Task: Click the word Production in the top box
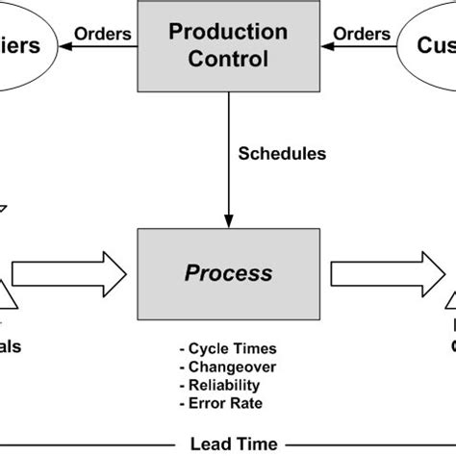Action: coord(228,31)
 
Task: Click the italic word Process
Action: coord(228,273)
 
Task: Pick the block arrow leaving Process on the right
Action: coord(385,273)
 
